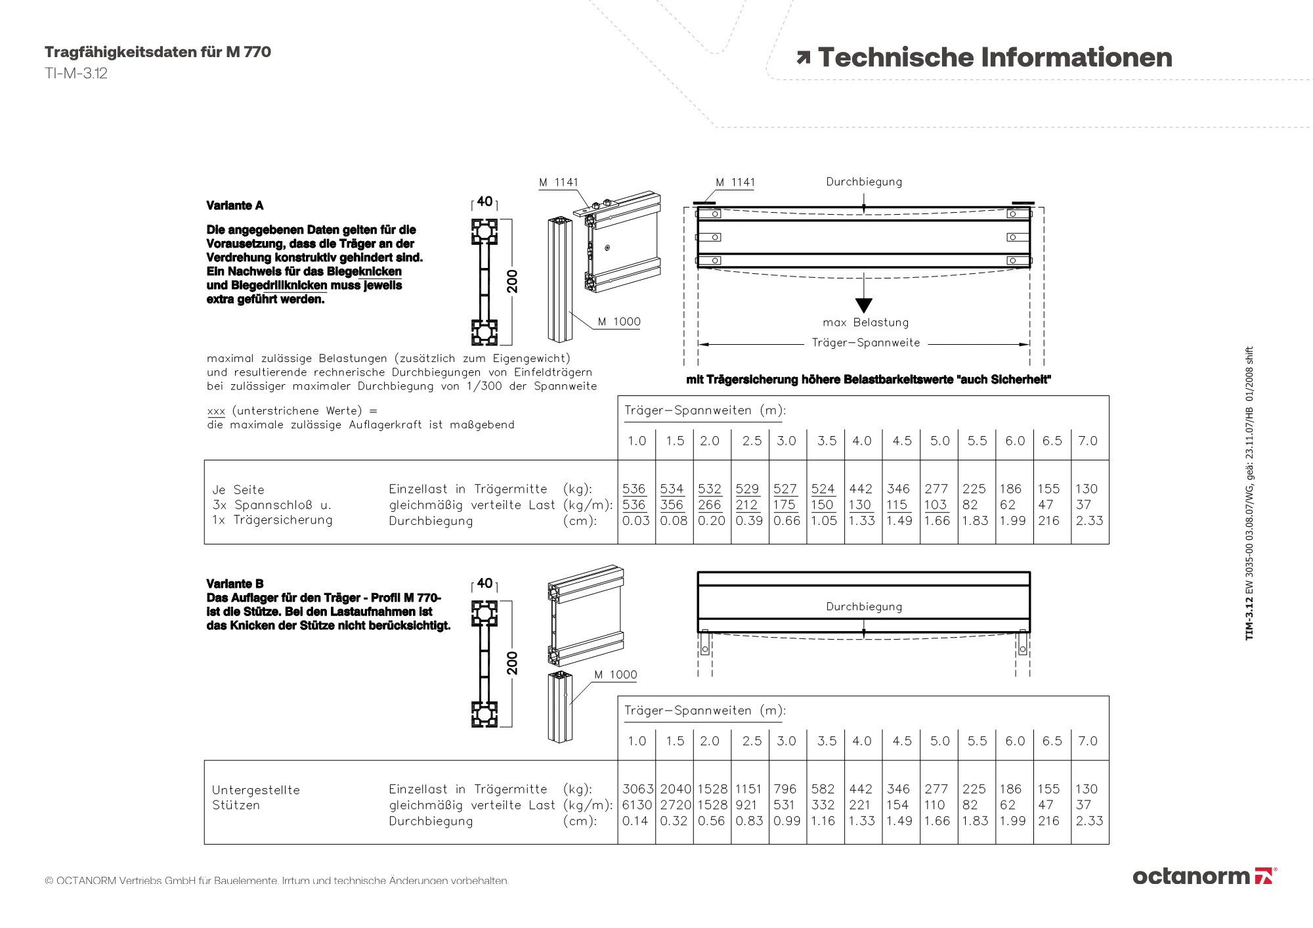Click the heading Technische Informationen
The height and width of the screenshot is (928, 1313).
[x=995, y=57]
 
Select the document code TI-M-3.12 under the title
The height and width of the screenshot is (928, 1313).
[x=76, y=74]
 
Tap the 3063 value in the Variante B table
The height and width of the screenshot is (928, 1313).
[x=637, y=789]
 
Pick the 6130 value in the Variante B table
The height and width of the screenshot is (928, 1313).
[x=637, y=805]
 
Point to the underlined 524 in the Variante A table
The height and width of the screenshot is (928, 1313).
[x=823, y=489]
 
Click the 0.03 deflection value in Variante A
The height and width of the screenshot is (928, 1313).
[x=635, y=521]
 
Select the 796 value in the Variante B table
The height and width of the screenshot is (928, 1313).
[x=785, y=789]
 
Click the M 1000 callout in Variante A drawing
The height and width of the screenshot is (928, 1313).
[x=618, y=322]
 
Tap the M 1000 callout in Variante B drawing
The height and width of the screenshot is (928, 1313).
[x=615, y=674]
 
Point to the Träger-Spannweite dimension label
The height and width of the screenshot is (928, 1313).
[x=865, y=343]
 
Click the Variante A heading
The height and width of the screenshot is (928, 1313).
[x=234, y=206]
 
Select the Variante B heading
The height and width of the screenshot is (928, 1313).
[x=234, y=584]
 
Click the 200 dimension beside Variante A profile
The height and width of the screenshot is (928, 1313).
[x=513, y=281]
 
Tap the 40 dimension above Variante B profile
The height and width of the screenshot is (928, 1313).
[x=484, y=583]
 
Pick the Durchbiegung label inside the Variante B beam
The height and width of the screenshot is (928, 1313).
[x=864, y=607]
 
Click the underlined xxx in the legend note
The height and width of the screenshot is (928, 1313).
[x=216, y=411]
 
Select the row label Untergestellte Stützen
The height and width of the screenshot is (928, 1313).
[x=255, y=797]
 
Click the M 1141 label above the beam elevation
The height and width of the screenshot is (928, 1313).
[x=735, y=183]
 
